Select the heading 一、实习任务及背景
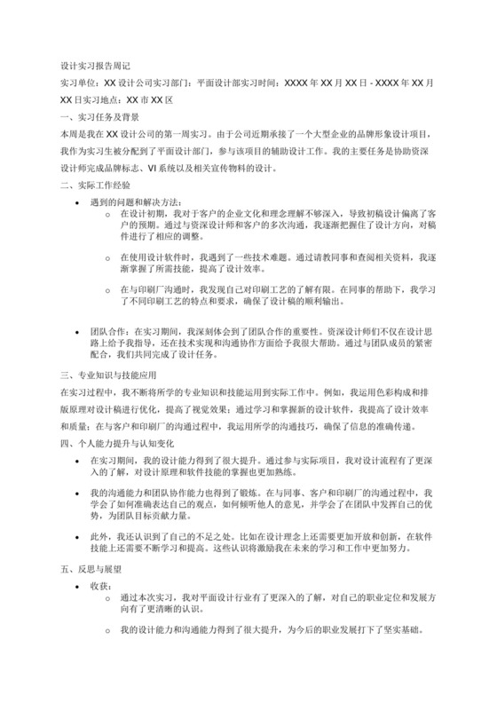[x=97, y=115]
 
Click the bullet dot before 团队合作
[x=82, y=328]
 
